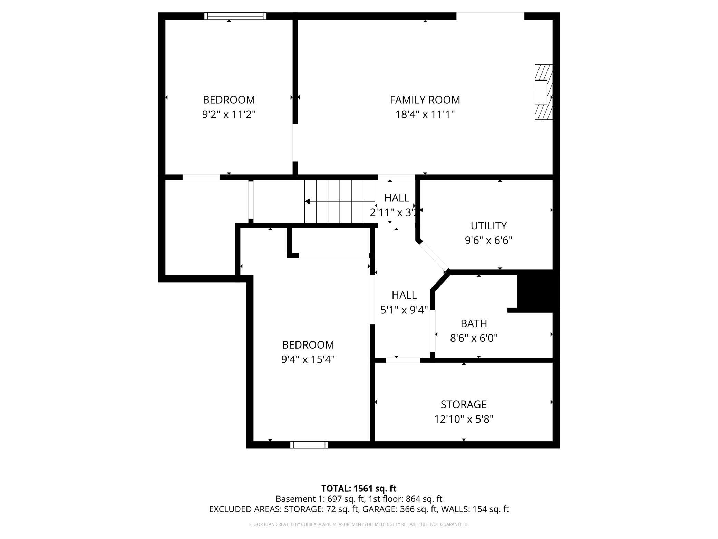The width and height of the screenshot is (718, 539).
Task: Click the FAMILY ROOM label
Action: tap(425, 100)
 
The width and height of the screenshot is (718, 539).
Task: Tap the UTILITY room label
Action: tap(488, 226)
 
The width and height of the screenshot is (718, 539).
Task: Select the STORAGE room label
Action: tap(464, 404)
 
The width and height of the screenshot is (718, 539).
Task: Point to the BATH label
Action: tap(474, 323)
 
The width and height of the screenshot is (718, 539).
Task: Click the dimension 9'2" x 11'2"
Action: tap(229, 114)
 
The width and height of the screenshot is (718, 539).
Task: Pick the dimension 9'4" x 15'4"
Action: tap(308, 359)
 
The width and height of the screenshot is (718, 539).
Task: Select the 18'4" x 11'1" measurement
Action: tap(425, 114)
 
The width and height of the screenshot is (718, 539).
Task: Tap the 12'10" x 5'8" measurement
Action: tap(464, 419)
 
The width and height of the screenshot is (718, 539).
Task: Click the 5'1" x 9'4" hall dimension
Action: tap(404, 310)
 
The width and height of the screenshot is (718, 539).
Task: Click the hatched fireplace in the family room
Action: tap(543, 92)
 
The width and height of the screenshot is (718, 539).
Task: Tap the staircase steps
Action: tap(340, 201)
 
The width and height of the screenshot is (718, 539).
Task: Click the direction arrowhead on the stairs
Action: tap(307, 201)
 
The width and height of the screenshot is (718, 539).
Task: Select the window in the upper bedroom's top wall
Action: tap(235, 16)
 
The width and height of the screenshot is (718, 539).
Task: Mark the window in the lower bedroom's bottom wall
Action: tap(309, 445)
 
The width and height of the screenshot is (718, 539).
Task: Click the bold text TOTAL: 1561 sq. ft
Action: tap(359, 489)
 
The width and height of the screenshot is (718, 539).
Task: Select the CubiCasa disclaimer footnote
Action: tap(359, 524)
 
